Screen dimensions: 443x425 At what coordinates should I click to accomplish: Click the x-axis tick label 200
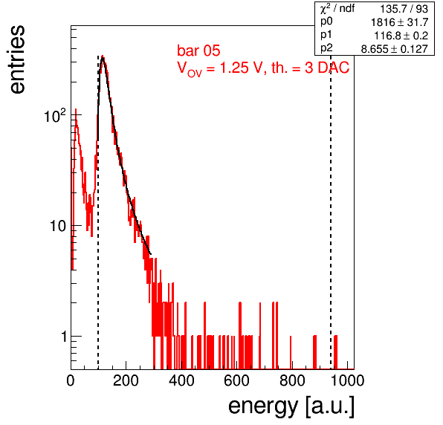click(126, 381)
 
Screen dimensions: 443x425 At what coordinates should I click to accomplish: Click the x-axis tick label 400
click(181, 381)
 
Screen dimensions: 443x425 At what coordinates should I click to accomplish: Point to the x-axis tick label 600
click(237, 381)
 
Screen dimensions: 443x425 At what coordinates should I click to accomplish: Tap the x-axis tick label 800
click(292, 381)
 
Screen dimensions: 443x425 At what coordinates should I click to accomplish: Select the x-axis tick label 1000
click(347, 381)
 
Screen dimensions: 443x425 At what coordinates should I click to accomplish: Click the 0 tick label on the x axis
click(71, 381)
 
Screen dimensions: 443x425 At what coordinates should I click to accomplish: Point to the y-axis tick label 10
click(58, 226)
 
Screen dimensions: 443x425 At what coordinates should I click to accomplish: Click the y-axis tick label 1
click(64, 337)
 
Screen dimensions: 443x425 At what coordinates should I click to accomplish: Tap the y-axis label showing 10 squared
click(55, 115)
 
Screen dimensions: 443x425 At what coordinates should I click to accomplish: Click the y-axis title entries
click(17, 59)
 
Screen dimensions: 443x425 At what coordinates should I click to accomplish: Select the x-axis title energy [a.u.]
click(291, 407)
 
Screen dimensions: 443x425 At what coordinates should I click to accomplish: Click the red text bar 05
click(198, 51)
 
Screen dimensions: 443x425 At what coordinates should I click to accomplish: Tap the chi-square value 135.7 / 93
click(404, 9)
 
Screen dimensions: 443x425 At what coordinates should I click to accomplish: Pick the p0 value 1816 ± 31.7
click(400, 22)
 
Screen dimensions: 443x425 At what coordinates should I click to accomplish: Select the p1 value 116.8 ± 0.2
click(401, 36)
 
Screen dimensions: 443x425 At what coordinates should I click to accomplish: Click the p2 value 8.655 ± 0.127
click(395, 49)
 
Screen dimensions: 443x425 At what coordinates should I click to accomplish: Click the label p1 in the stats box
click(326, 35)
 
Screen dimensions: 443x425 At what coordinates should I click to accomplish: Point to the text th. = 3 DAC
click(310, 68)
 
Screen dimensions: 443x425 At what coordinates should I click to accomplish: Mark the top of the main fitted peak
click(103, 56)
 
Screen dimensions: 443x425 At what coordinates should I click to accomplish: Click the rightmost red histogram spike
click(335, 352)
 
